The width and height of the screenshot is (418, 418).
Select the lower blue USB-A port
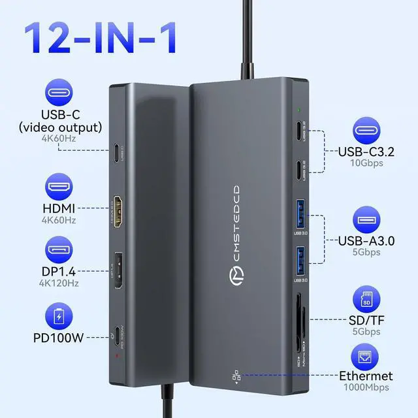pos(302,261)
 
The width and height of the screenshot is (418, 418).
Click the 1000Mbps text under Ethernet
pos(366,387)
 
